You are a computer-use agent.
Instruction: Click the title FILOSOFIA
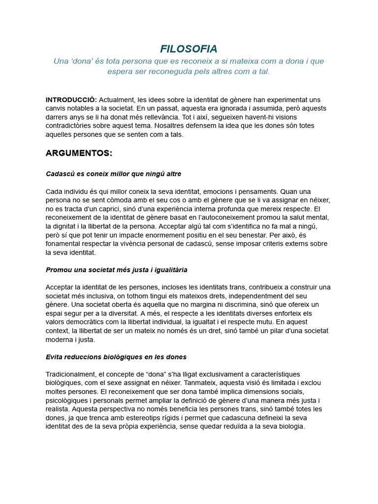189,49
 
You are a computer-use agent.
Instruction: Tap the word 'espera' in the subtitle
119,71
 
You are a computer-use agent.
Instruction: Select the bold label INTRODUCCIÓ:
71,99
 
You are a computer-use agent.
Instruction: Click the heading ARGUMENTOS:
79,153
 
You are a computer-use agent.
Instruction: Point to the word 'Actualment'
116,99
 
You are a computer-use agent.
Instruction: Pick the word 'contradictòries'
69,126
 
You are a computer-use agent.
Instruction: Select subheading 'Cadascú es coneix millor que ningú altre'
113,174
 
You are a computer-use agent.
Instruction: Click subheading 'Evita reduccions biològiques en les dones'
116,357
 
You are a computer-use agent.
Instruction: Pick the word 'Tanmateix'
199,383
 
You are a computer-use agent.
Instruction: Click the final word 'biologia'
290,427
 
